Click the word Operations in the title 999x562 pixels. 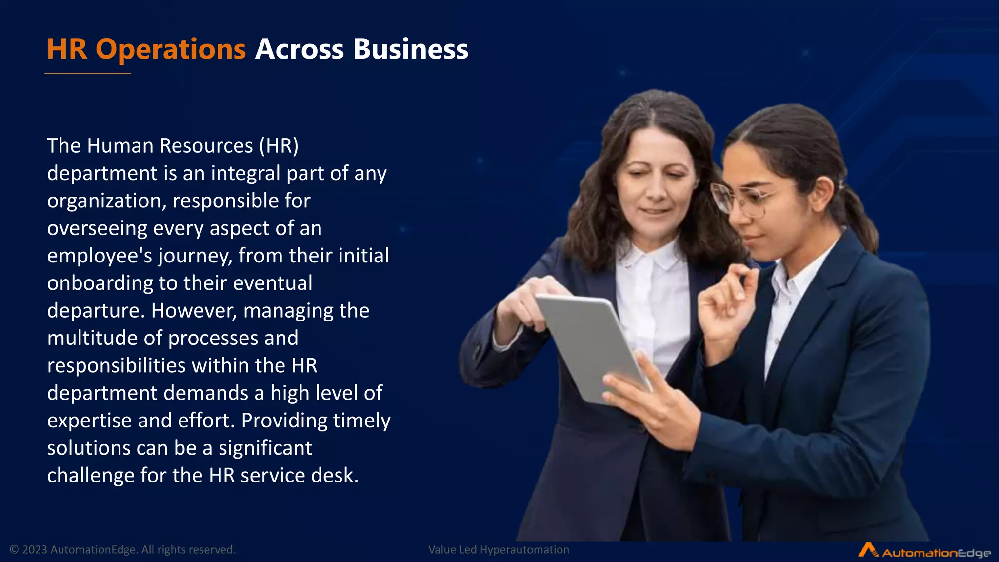(x=171, y=50)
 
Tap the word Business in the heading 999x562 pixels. (x=410, y=50)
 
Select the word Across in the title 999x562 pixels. (x=299, y=50)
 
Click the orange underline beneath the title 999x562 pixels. (x=88, y=74)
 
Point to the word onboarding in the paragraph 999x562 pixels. (x=100, y=283)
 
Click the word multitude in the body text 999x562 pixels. (x=92, y=338)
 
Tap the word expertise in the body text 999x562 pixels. (x=89, y=421)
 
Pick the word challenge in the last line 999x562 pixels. (x=90, y=476)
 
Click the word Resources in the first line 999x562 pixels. (x=206, y=146)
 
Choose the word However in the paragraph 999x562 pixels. (x=194, y=311)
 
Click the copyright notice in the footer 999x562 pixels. (x=122, y=550)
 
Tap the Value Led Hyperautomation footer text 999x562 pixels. (x=499, y=550)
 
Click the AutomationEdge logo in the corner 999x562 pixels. (x=924, y=551)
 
